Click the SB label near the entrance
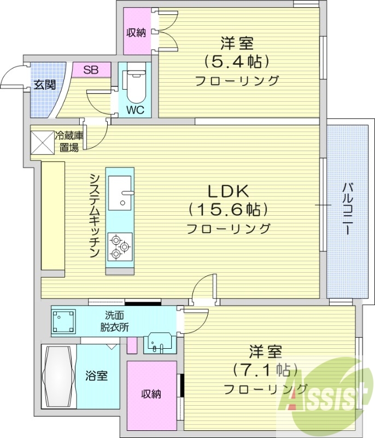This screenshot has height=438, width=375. pos(91,70)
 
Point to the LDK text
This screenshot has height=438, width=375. pos(228,191)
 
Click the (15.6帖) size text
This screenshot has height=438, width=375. pos(228,210)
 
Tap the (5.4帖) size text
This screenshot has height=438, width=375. pos(237,61)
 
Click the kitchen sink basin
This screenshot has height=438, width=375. pos(120,192)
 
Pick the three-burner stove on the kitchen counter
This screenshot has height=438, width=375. pos(120,245)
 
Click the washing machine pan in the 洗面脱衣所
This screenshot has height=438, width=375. pos(65,321)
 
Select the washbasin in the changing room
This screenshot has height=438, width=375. pos(159,342)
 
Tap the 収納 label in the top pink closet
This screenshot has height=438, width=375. pos(137,32)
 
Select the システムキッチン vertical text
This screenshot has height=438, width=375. pos(94,216)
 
